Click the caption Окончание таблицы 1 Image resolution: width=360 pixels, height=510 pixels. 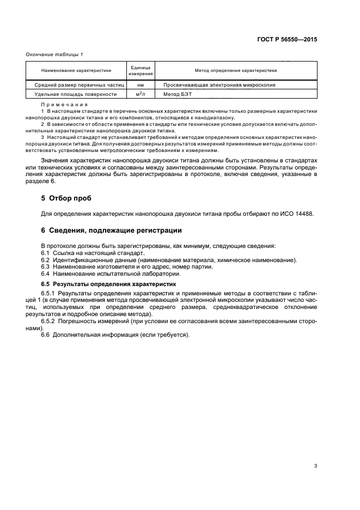coord(54,54)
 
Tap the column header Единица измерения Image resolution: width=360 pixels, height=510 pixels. coord(141,70)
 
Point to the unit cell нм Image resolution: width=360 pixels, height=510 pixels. coord(141,85)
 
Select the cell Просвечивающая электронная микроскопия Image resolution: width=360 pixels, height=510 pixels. coord(216,85)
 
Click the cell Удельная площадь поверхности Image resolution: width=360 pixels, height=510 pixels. coord(76,94)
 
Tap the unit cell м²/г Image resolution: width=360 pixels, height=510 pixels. coord(141,94)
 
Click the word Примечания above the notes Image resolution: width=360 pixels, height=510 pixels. coord(60,104)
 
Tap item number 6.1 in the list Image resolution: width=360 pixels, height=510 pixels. coord(46,253)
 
